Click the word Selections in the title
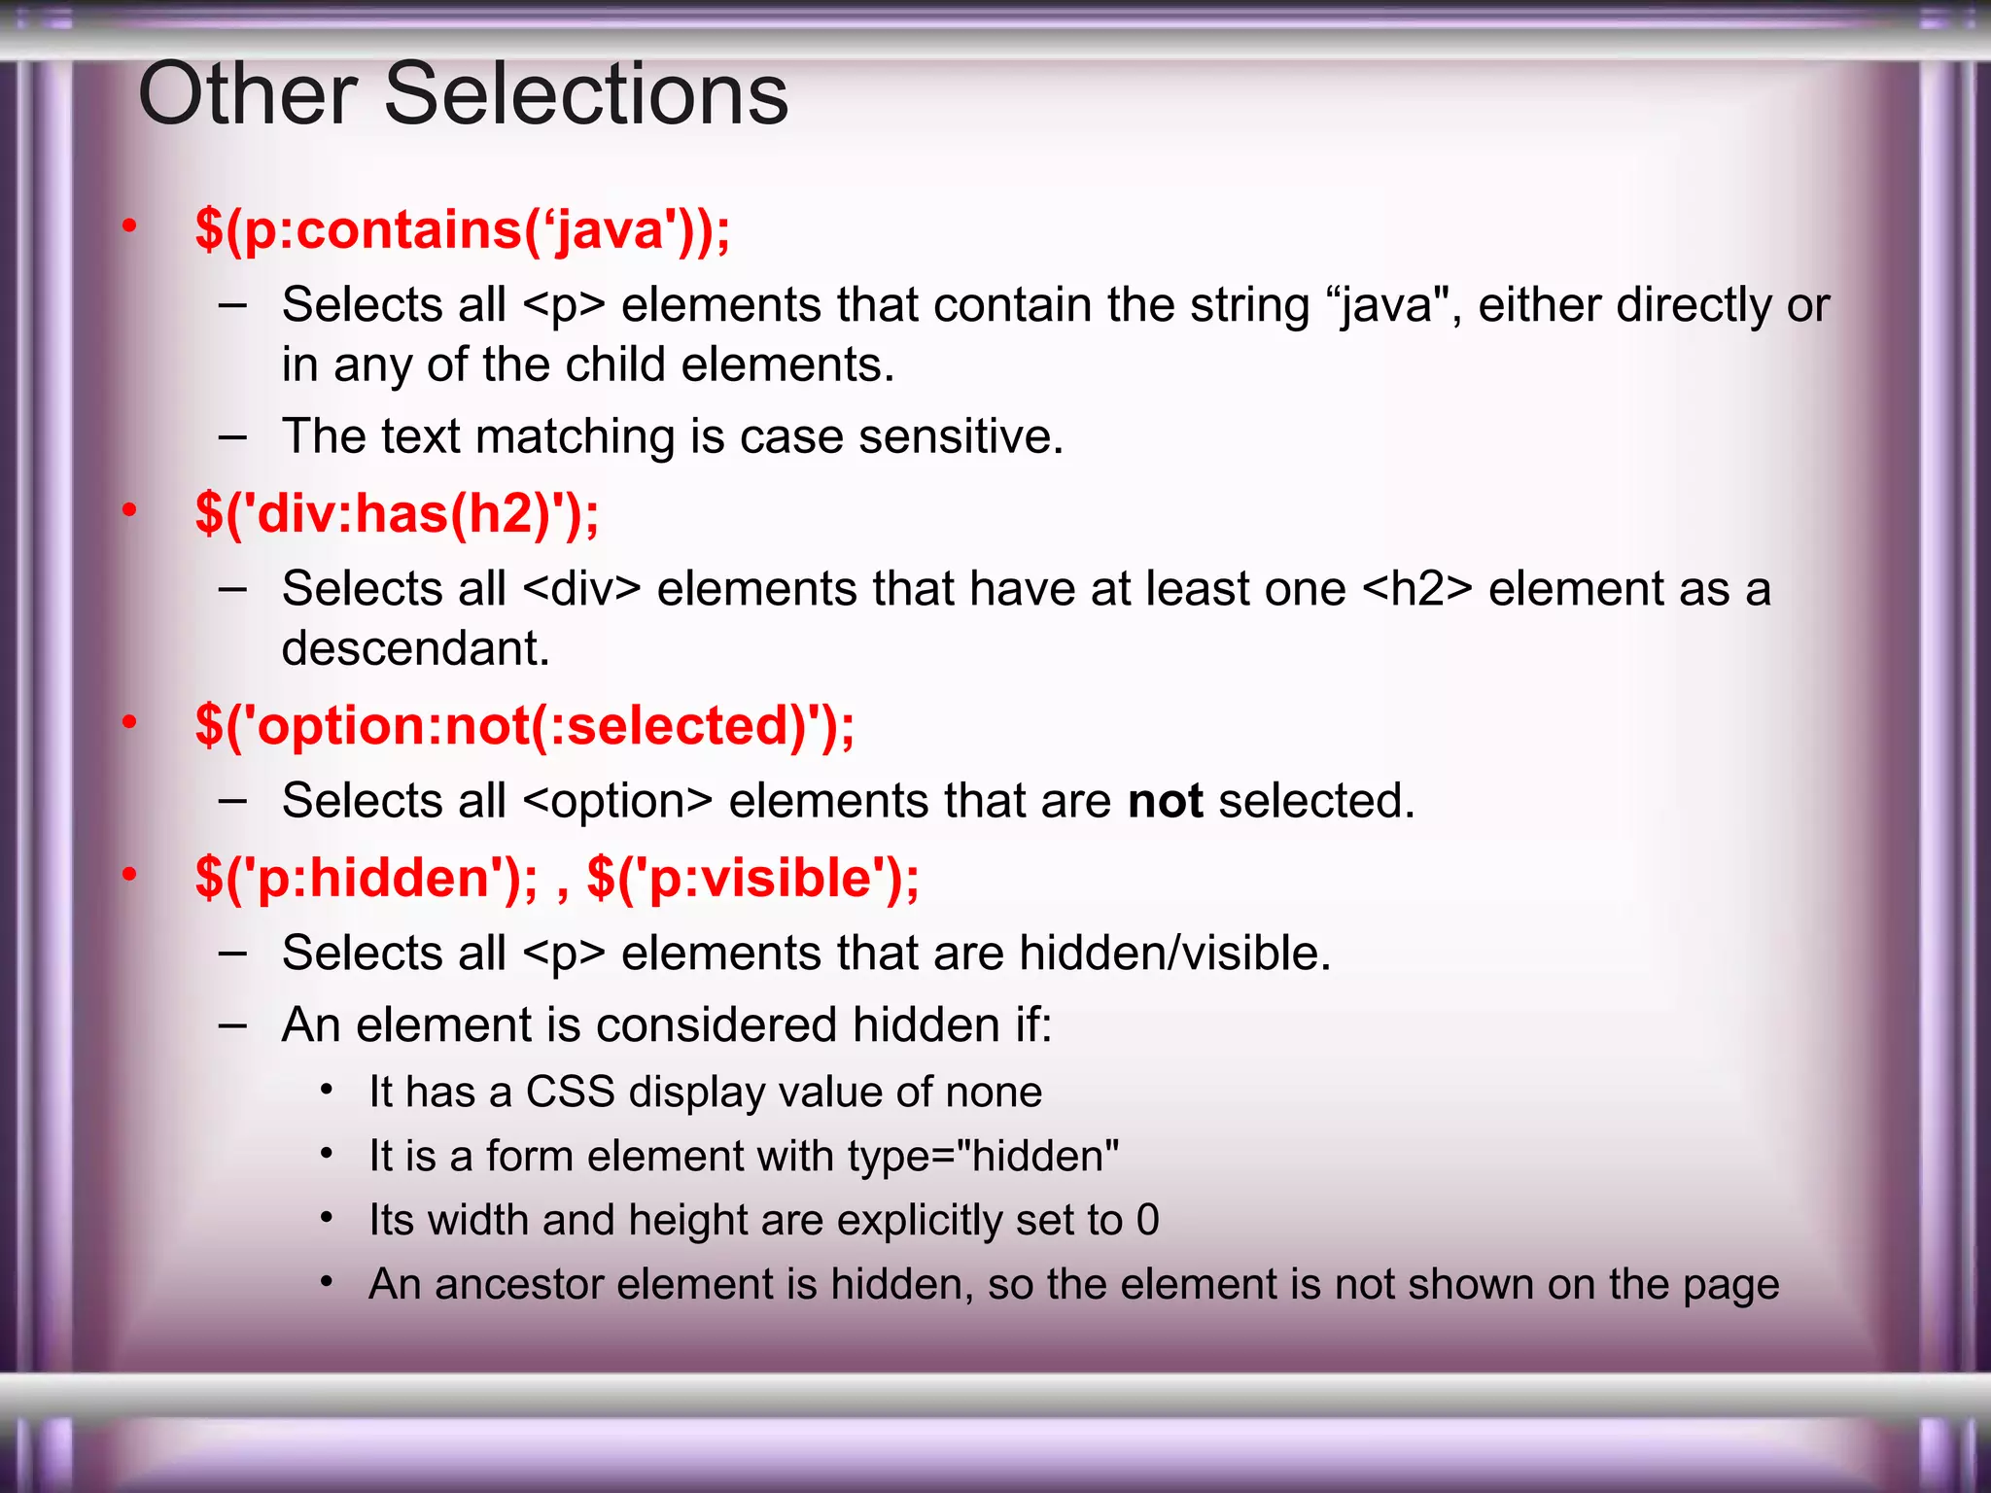pyautogui.click(x=586, y=94)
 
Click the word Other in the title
pyautogui.click(x=248, y=94)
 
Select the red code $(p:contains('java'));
pyautogui.click(x=463, y=230)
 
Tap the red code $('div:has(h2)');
pyautogui.click(x=397, y=513)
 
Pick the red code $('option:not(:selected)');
pyautogui.click(x=525, y=725)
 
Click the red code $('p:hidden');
pyautogui.click(x=366, y=878)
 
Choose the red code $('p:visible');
pyautogui.click(x=753, y=878)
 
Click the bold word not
pyautogui.click(x=1165, y=801)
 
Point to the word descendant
pyautogui.click(x=415, y=647)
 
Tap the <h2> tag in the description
pyautogui.click(x=1417, y=589)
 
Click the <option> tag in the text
pyautogui.click(x=617, y=801)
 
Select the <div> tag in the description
pyautogui.click(x=581, y=589)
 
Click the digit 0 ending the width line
pyautogui.click(x=1148, y=1220)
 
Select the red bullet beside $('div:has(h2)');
pyautogui.click(x=129, y=509)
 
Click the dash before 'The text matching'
pyautogui.click(x=232, y=436)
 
